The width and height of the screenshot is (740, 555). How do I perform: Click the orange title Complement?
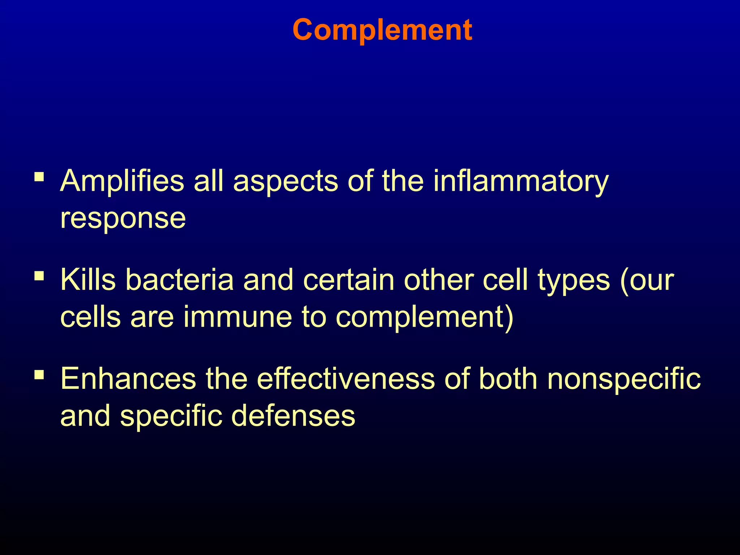(382, 30)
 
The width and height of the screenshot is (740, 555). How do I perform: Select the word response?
(123, 219)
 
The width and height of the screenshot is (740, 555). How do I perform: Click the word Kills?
(88, 280)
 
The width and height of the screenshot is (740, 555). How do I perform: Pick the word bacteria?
(180, 280)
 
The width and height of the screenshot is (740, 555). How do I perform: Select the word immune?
(237, 317)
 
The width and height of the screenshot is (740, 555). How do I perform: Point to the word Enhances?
(128, 379)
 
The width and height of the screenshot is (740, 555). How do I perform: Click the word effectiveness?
(346, 379)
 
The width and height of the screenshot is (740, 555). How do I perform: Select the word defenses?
(293, 416)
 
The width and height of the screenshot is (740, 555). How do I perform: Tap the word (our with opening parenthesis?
(646, 280)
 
